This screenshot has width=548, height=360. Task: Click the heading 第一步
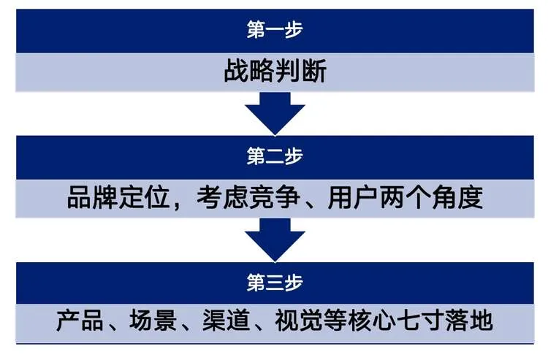274,30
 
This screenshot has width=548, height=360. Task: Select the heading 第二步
274,156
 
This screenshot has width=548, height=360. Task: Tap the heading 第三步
274,282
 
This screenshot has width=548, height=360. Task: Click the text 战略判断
274,72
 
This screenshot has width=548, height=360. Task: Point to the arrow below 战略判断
274,115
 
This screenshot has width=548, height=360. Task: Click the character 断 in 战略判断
312,72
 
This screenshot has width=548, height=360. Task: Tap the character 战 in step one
236,72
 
